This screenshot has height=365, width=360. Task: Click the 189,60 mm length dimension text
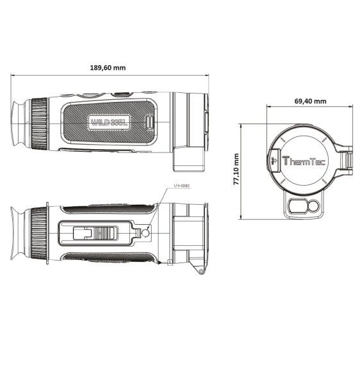point(108,69)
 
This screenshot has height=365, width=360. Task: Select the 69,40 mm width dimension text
point(310,101)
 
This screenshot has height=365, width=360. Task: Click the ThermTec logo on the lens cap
point(304,163)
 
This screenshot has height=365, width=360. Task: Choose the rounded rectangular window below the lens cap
point(296,207)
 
